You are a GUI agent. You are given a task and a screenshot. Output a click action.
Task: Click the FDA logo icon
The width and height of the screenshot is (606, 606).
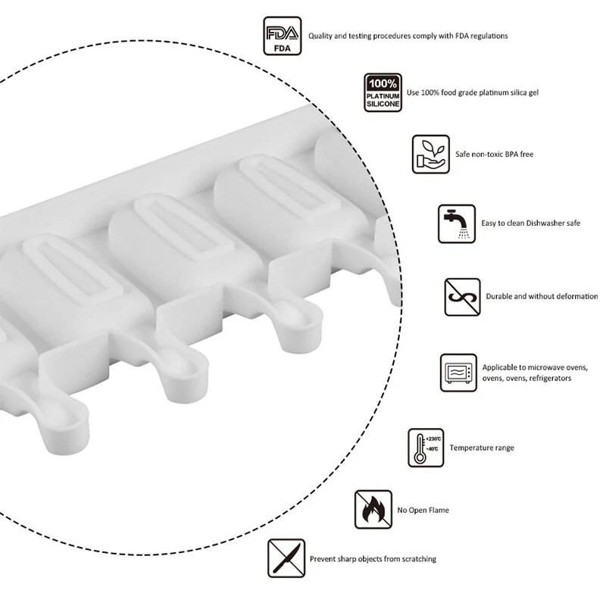[x=282, y=36]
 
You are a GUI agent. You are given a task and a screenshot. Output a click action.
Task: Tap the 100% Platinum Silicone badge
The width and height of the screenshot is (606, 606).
[x=383, y=92]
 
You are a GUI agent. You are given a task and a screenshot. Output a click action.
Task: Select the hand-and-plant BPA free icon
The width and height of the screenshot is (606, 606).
[x=430, y=155]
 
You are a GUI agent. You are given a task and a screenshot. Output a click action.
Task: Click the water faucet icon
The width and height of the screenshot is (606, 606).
[x=457, y=223]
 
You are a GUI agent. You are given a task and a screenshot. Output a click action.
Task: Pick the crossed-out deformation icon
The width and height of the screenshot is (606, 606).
[x=462, y=297]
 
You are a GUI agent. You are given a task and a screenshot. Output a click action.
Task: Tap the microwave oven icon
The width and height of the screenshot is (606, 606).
[x=458, y=373]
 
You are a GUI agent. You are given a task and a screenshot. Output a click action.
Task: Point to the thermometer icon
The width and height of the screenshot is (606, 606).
[x=426, y=448]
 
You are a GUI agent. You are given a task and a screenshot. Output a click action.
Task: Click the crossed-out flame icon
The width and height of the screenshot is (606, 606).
[x=373, y=509]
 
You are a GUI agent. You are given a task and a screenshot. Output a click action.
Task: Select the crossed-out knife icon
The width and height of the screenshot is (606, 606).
[x=286, y=558]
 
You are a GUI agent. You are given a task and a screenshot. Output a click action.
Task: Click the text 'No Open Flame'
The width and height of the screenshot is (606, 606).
[x=423, y=510]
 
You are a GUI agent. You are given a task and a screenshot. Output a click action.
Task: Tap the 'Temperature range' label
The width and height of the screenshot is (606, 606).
[x=482, y=448]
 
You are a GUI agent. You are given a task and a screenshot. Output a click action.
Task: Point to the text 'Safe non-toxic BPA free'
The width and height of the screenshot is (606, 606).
[x=494, y=155]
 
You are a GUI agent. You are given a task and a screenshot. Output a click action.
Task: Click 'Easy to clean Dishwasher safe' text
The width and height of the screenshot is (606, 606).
[x=531, y=223]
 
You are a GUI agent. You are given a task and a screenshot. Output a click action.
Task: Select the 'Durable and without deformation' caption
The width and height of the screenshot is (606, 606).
[x=542, y=296]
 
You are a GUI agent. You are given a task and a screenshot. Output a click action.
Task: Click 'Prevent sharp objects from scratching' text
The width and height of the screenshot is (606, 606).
[x=373, y=559]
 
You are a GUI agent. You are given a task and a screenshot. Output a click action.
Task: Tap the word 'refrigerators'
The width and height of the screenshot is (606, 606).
[x=550, y=378]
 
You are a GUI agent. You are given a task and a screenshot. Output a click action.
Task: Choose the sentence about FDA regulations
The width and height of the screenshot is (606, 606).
[x=408, y=36]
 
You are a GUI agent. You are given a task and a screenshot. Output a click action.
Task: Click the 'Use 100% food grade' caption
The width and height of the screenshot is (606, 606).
[x=473, y=92]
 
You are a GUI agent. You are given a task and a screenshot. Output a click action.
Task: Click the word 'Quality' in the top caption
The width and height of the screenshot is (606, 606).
[x=320, y=36]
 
